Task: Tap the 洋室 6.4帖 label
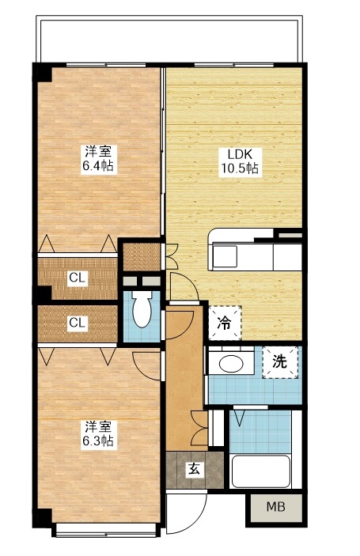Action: (x=99, y=159)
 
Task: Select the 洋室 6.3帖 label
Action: (x=99, y=433)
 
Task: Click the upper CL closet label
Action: (x=77, y=278)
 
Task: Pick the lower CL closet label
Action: (x=77, y=323)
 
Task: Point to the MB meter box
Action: (x=275, y=508)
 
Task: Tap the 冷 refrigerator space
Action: (x=224, y=323)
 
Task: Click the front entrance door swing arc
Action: (x=180, y=517)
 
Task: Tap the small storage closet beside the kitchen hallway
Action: (x=141, y=256)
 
